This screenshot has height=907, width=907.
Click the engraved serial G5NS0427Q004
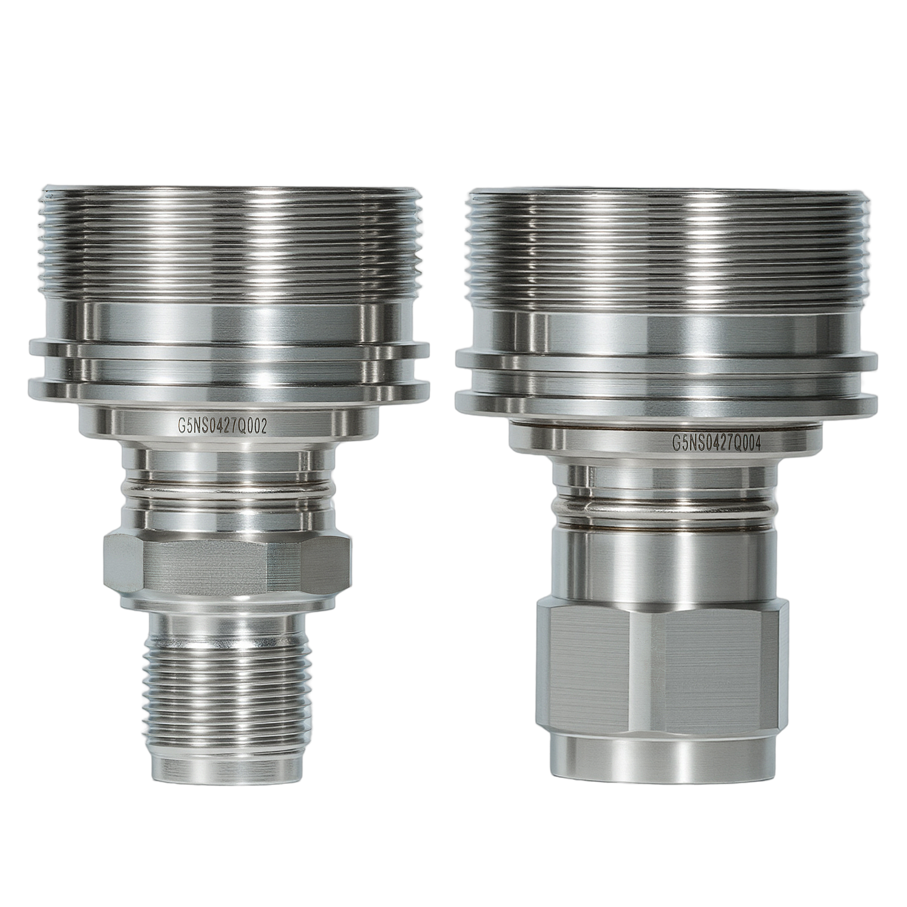[x=715, y=441]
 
